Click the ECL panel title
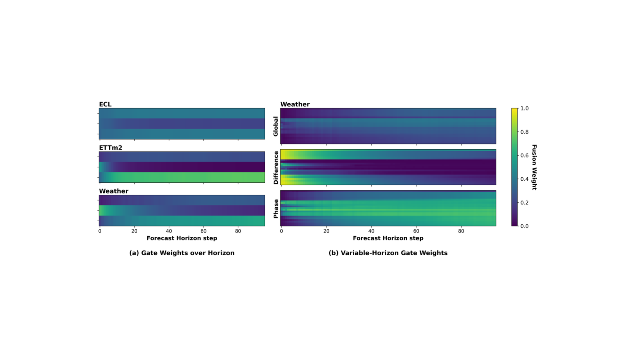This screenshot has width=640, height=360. [x=105, y=104]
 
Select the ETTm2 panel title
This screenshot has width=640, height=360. [x=110, y=148]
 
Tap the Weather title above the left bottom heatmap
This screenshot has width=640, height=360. [x=114, y=191]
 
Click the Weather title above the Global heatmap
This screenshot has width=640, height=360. [x=295, y=104]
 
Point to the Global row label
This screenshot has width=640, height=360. [x=276, y=126]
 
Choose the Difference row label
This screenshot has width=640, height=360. [x=276, y=168]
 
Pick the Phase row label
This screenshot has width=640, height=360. [x=276, y=208]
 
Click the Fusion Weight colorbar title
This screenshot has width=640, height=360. [x=534, y=167]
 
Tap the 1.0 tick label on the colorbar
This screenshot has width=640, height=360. [x=524, y=108]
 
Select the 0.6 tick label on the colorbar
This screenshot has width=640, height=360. [x=524, y=156]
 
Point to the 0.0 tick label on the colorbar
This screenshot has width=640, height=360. [x=524, y=226]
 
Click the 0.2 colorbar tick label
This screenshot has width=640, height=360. [x=524, y=202]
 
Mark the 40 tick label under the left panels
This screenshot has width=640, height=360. [x=169, y=231]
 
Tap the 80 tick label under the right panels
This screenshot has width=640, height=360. [x=461, y=231]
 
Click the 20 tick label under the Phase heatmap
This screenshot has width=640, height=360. [x=326, y=231]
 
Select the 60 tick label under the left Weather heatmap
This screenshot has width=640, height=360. [x=204, y=231]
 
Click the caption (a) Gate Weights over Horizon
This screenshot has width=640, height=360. [x=182, y=253]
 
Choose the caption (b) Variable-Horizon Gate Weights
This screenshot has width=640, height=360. [x=388, y=253]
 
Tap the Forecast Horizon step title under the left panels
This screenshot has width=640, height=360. [x=182, y=238]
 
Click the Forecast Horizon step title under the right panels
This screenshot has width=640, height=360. [x=388, y=238]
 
